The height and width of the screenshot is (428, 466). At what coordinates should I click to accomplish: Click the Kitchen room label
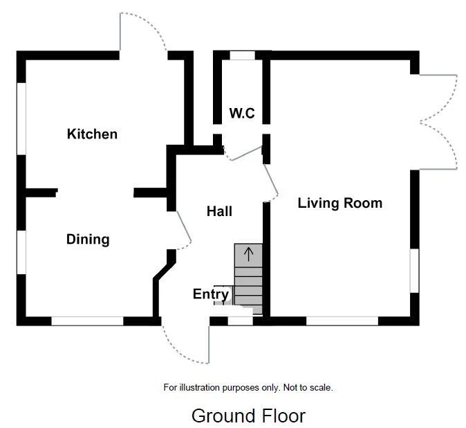click(x=92, y=134)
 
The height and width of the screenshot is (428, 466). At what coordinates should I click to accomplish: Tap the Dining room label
click(x=88, y=240)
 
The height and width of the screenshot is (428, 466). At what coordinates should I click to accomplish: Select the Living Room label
click(x=339, y=203)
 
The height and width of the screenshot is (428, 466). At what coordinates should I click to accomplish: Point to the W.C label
click(x=242, y=113)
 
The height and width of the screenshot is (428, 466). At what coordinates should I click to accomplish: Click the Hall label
click(x=219, y=211)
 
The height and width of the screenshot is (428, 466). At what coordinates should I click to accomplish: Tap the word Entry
click(x=210, y=294)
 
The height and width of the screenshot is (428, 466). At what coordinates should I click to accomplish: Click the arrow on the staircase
click(x=249, y=253)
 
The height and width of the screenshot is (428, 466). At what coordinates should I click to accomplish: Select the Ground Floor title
click(x=248, y=416)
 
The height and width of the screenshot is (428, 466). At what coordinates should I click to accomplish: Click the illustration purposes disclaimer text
click(x=248, y=388)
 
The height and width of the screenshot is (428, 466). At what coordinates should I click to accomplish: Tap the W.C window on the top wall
click(x=242, y=55)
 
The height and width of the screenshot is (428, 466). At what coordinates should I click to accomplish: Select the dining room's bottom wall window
click(x=88, y=321)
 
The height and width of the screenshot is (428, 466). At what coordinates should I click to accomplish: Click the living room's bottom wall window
click(x=342, y=321)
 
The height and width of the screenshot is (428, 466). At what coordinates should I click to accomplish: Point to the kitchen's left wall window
click(x=21, y=118)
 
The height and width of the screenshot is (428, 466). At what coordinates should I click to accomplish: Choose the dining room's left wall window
click(x=21, y=252)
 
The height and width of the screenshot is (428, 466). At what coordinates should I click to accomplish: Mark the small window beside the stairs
click(x=240, y=321)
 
